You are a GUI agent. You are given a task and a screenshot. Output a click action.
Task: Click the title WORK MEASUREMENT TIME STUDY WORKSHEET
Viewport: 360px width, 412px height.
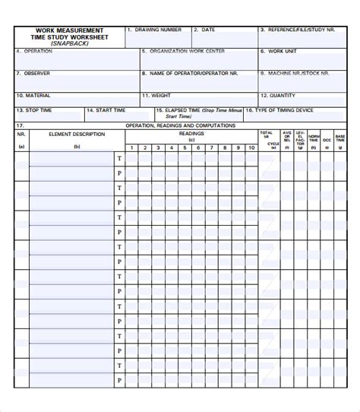pyautogui.click(x=69, y=34)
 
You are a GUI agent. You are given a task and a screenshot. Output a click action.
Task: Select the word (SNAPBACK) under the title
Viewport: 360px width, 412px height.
pyautogui.click(x=69, y=44)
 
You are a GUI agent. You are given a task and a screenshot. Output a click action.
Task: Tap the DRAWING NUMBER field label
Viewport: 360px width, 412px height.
pyautogui.click(x=158, y=30)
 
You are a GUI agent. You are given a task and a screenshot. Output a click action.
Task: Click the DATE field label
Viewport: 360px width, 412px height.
pyautogui.click(x=207, y=30)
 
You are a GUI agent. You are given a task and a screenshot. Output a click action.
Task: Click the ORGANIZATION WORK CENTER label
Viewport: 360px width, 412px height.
pyautogui.click(x=186, y=52)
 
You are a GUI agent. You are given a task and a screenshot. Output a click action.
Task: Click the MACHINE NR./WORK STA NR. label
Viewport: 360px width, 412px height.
pyautogui.click(x=296, y=74)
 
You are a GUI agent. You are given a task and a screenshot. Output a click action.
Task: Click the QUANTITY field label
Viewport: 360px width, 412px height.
pyautogui.click(x=282, y=96)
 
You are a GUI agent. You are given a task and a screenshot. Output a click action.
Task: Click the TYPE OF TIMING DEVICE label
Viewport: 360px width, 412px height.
pyautogui.click(x=285, y=110)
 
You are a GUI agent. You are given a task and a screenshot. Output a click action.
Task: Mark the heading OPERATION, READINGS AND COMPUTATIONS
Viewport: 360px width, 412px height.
pyautogui.click(x=180, y=125)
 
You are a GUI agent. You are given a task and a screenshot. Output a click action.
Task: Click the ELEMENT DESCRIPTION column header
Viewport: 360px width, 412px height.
pyautogui.click(x=76, y=134)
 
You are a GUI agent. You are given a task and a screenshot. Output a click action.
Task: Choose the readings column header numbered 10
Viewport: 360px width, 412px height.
pyautogui.click(x=251, y=147)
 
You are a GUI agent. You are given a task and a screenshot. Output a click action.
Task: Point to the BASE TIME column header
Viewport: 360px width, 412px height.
pyautogui.click(x=339, y=137)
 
